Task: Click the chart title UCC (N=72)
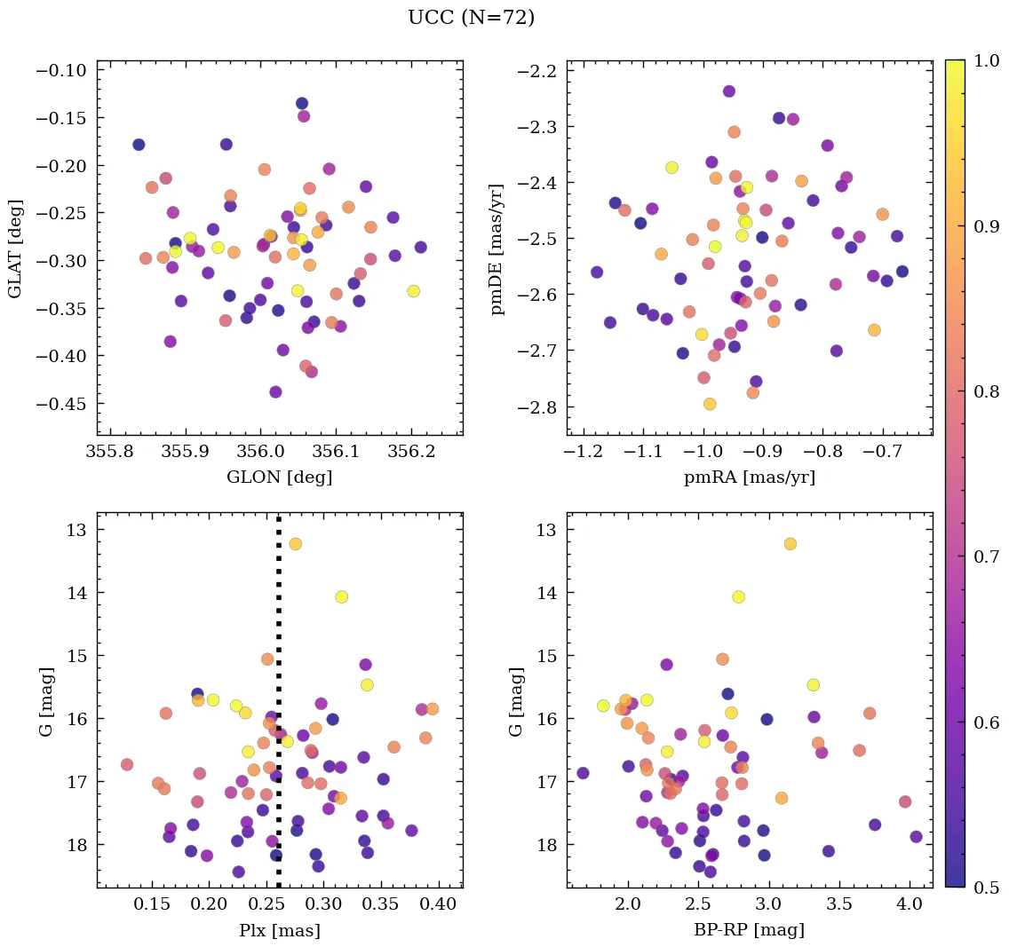tap(471, 18)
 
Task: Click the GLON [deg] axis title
tap(279, 477)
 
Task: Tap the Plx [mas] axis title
tap(279, 930)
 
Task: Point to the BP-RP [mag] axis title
tap(750, 930)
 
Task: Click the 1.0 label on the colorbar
tap(985, 60)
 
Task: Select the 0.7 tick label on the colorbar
tap(985, 556)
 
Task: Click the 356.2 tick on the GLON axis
tap(415, 453)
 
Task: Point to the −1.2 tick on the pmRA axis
tap(582, 453)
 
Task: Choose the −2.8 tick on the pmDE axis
tap(536, 406)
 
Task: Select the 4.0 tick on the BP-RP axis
tap(910, 905)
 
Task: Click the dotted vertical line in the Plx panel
tap(279, 621)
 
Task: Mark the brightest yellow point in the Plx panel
tap(296, 543)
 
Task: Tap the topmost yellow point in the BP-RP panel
tap(790, 543)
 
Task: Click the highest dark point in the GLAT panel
tap(302, 104)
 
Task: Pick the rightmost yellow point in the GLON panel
tap(413, 291)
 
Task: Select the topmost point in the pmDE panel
tap(729, 91)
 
